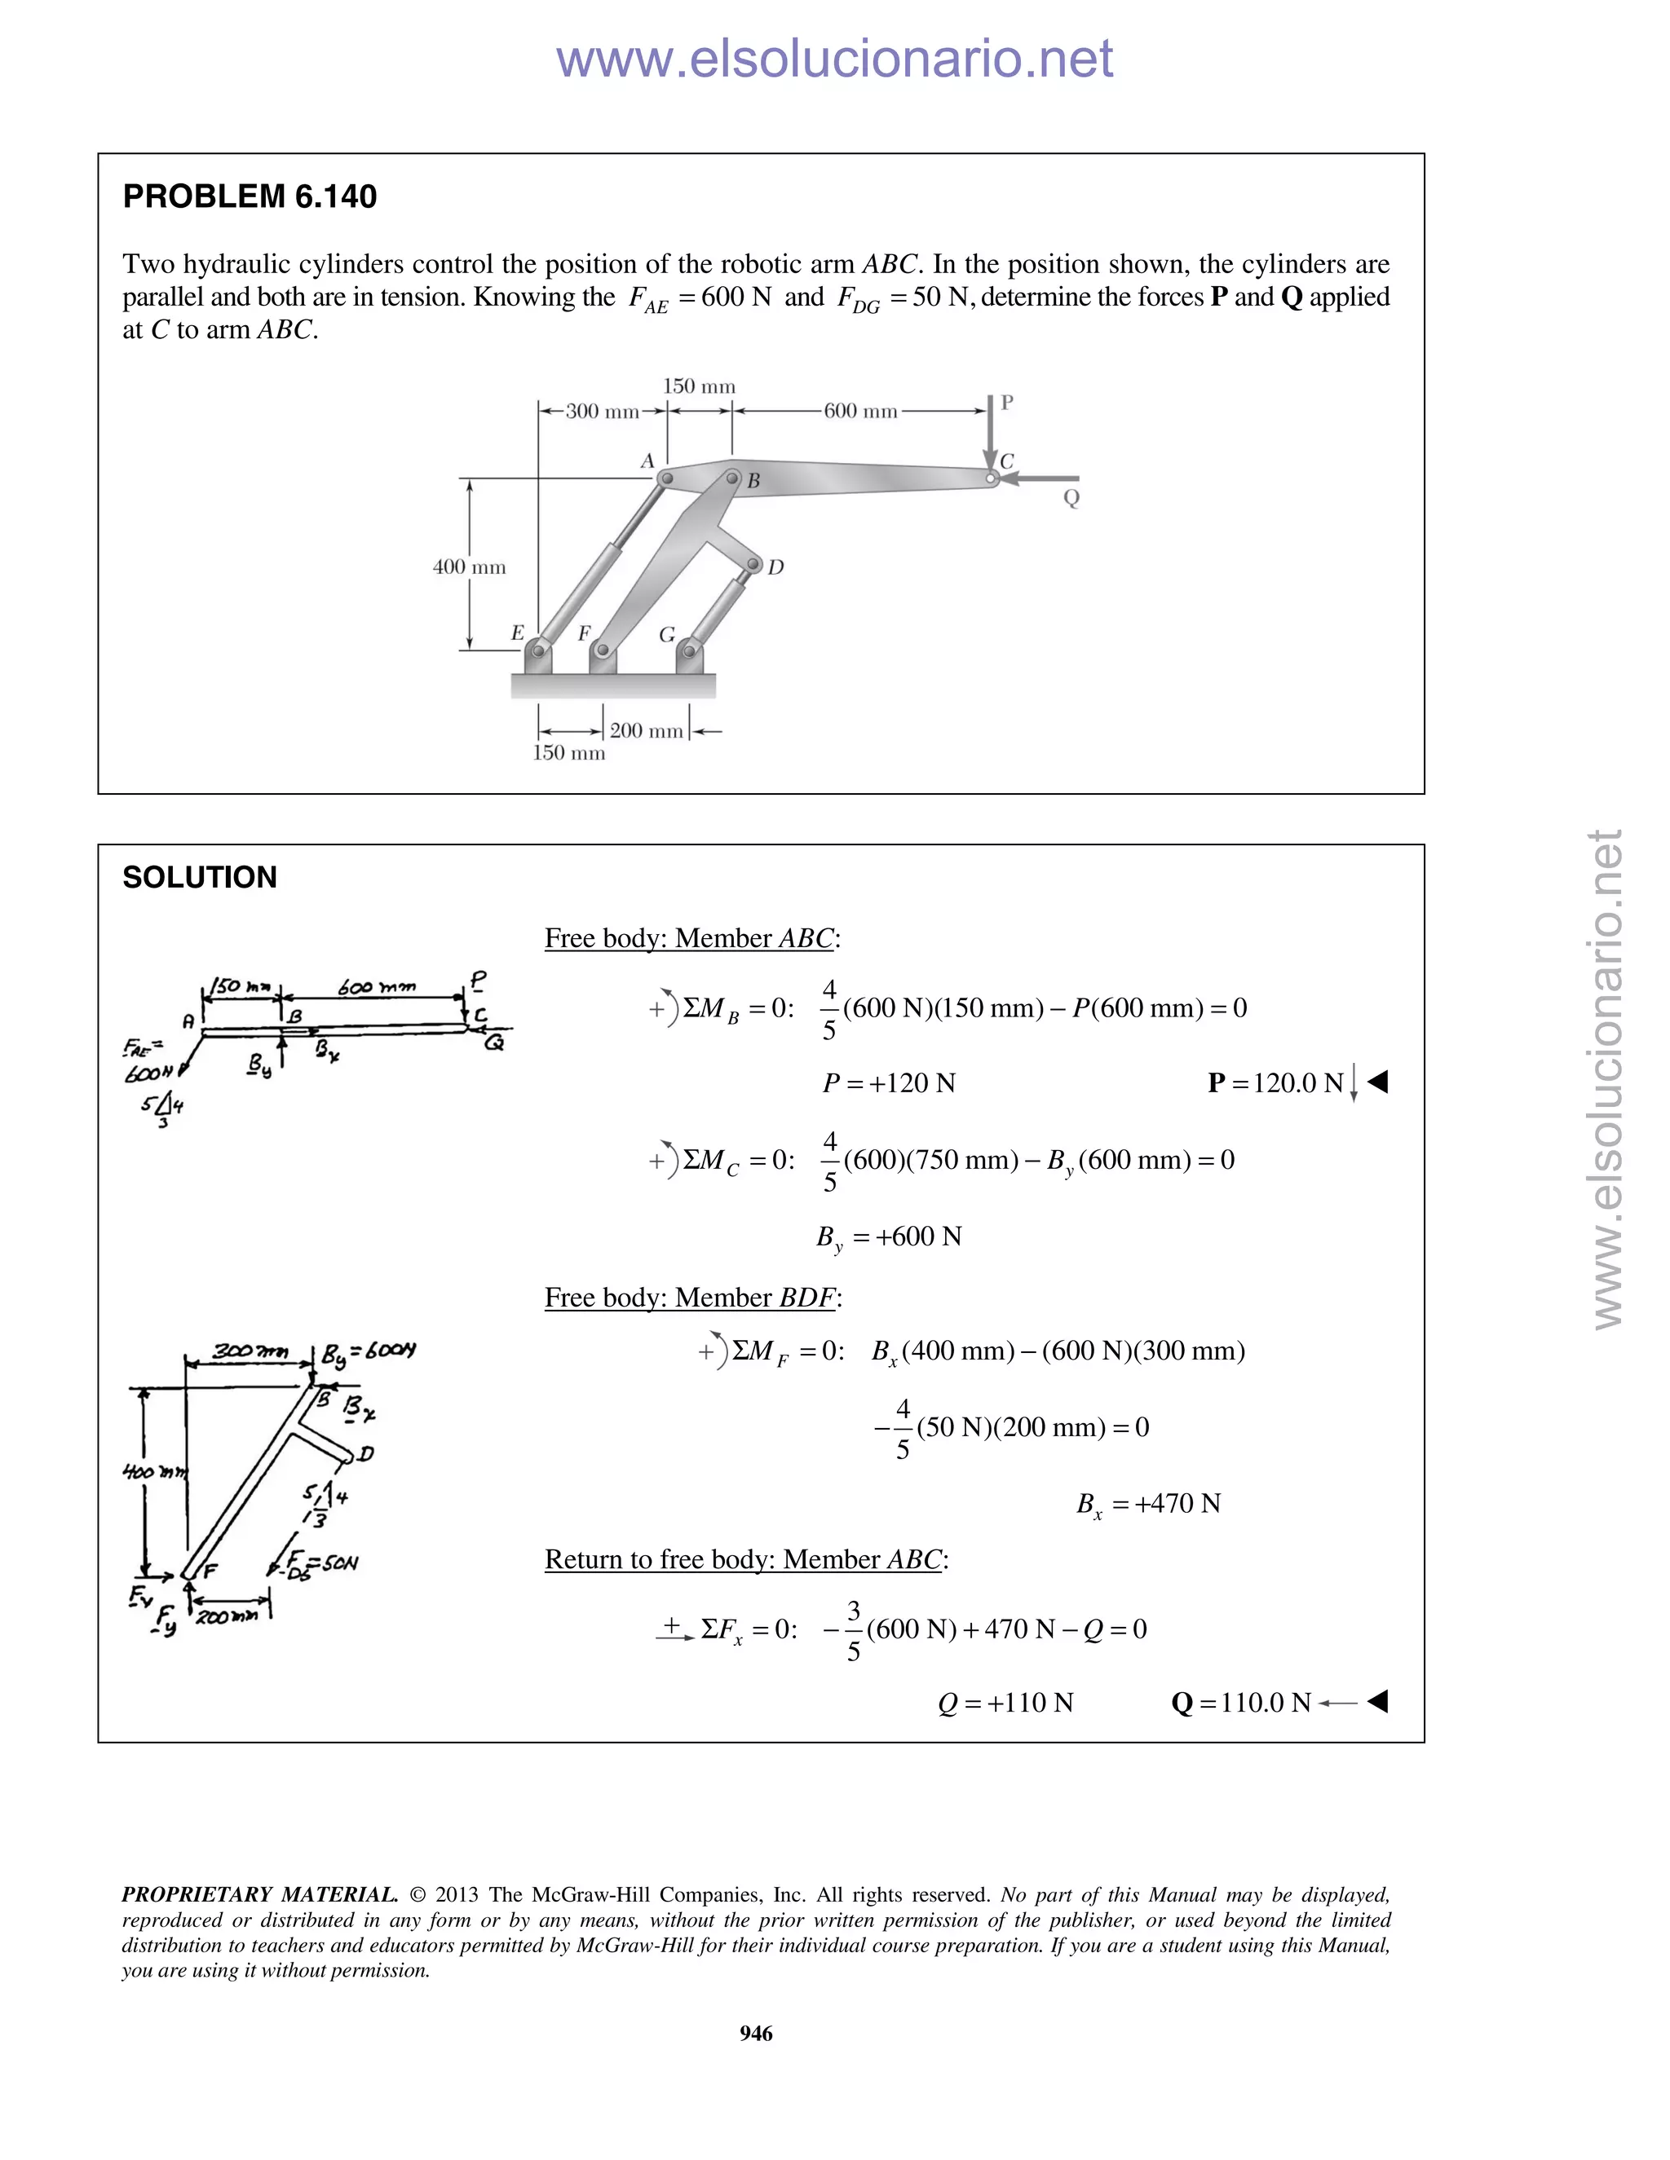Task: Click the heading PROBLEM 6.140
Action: (250, 196)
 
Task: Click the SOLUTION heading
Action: (200, 877)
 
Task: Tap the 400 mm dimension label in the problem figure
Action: (469, 567)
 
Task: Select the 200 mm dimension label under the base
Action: (646, 731)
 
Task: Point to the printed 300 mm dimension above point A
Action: (602, 412)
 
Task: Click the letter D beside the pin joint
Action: (775, 567)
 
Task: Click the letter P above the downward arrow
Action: (1006, 403)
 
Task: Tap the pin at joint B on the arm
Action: (732, 478)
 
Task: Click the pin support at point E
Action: (537, 652)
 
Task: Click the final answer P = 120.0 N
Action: (1276, 1083)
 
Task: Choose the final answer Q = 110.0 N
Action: (1242, 1702)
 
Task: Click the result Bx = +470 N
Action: (1149, 1505)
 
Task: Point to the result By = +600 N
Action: (889, 1237)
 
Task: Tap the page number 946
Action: (756, 2034)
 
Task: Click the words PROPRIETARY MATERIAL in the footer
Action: (259, 1894)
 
